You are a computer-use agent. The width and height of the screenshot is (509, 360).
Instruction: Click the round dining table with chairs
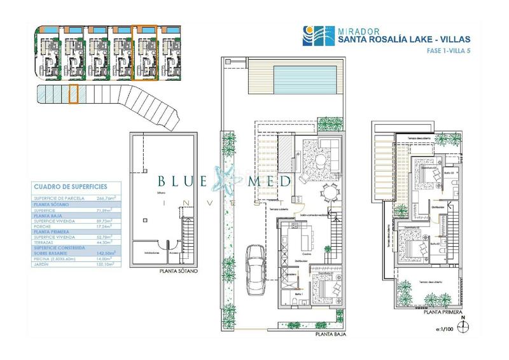tap(326, 191)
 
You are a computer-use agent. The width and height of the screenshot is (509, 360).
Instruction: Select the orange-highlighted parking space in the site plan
tap(73, 93)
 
